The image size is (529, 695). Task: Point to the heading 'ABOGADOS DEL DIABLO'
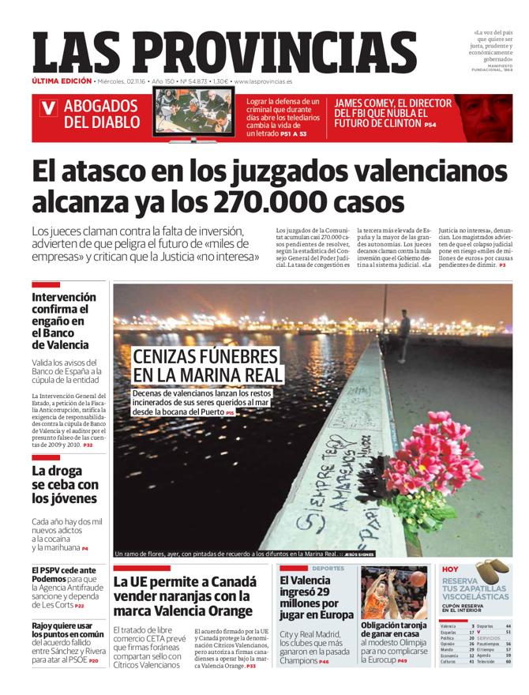(x=101, y=115)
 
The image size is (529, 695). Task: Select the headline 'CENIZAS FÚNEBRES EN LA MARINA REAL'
(x=205, y=365)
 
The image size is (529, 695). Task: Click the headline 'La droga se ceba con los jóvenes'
(x=65, y=484)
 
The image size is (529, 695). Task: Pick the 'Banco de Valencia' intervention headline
(x=64, y=321)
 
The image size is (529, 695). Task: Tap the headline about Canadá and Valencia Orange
(x=185, y=596)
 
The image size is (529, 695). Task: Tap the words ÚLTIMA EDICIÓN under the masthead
(x=62, y=81)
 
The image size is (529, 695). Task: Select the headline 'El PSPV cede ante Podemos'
(x=64, y=574)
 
